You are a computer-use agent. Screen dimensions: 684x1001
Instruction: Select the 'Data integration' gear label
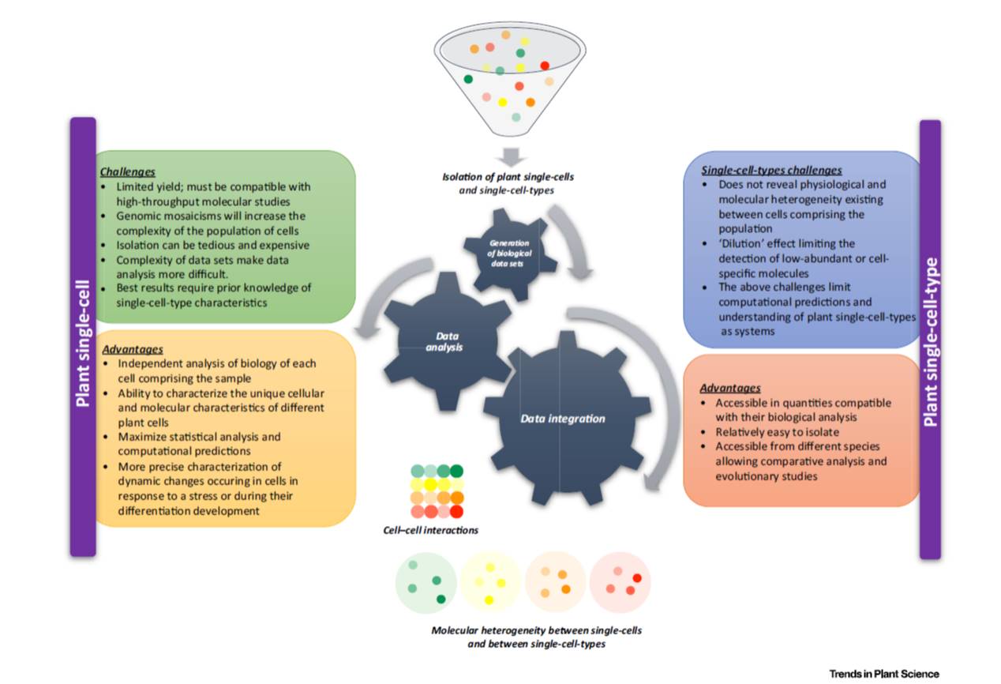(x=562, y=419)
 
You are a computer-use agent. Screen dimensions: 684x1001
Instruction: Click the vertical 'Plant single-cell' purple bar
(x=83, y=337)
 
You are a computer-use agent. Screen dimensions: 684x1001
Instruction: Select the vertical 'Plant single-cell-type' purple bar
(x=931, y=340)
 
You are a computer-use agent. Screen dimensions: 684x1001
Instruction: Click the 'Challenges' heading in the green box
(x=128, y=171)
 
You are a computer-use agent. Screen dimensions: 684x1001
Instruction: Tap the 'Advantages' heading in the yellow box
(x=132, y=348)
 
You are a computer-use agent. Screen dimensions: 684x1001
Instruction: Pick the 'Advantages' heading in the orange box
(x=730, y=388)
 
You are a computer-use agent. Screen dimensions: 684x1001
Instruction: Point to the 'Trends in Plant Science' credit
(x=883, y=674)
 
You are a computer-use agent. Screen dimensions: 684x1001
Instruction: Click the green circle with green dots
(x=426, y=583)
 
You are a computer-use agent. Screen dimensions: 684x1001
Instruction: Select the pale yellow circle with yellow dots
(x=490, y=583)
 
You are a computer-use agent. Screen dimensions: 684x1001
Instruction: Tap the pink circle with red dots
(x=620, y=583)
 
